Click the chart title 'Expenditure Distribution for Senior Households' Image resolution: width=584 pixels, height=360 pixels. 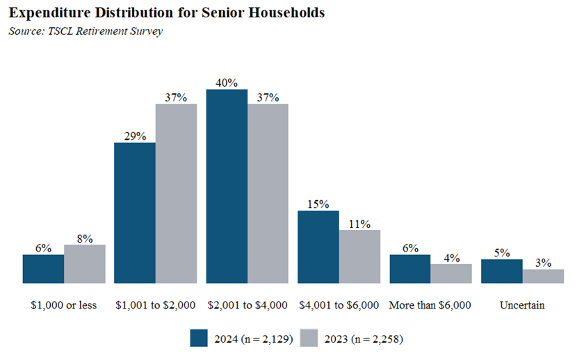pos(166,14)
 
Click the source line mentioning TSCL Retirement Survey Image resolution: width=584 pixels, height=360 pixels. pos(86,32)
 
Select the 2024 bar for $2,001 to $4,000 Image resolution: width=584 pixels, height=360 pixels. pos(227,186)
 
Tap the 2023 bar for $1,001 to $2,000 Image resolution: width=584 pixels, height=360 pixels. pos(176,194)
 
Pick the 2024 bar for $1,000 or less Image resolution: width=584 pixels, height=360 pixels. pos(43,269)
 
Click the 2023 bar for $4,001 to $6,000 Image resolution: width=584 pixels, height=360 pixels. pos(359,256)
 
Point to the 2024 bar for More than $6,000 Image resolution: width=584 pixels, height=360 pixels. pos(409,269)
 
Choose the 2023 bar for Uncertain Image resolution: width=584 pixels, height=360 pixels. pos(543,276)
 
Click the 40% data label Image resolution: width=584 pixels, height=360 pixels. pos(227,82)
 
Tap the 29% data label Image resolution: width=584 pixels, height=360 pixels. pos(135,136)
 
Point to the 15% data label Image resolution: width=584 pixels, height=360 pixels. pos(318,204)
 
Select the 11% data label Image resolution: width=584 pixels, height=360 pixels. pos(359,223)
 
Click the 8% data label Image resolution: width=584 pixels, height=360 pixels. pos(84,238)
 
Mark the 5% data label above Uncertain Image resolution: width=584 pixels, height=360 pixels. pos(501,252)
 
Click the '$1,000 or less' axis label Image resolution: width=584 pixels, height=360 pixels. pos(64,304)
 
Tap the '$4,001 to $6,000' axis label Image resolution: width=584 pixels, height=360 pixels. pos(339,304)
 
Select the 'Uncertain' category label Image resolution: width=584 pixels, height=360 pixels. pos(521,304)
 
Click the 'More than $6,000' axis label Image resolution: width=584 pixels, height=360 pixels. pos(430,304)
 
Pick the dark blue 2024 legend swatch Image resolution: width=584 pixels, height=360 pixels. pos(199,338)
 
